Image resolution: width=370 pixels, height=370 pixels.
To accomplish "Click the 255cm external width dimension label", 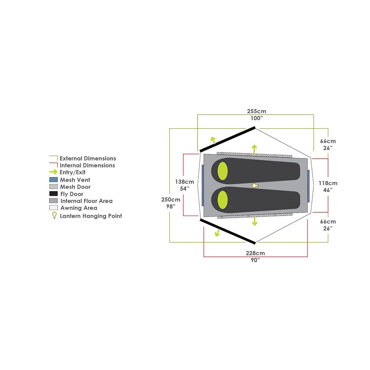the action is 256,111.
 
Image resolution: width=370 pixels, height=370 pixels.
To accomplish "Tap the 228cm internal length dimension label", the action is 255,253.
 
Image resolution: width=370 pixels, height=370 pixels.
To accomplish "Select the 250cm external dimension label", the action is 171,200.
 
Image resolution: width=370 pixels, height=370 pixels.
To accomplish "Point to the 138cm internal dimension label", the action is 185,182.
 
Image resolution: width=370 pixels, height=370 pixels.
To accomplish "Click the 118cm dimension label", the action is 328,183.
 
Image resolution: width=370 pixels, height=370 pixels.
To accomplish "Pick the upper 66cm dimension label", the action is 328,141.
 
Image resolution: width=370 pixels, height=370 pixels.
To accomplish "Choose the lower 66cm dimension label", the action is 328,222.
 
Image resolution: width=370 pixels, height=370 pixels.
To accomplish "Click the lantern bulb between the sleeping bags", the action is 255,186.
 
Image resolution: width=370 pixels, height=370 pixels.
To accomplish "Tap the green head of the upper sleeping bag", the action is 222,171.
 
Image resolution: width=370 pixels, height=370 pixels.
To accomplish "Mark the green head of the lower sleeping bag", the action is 222,200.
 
